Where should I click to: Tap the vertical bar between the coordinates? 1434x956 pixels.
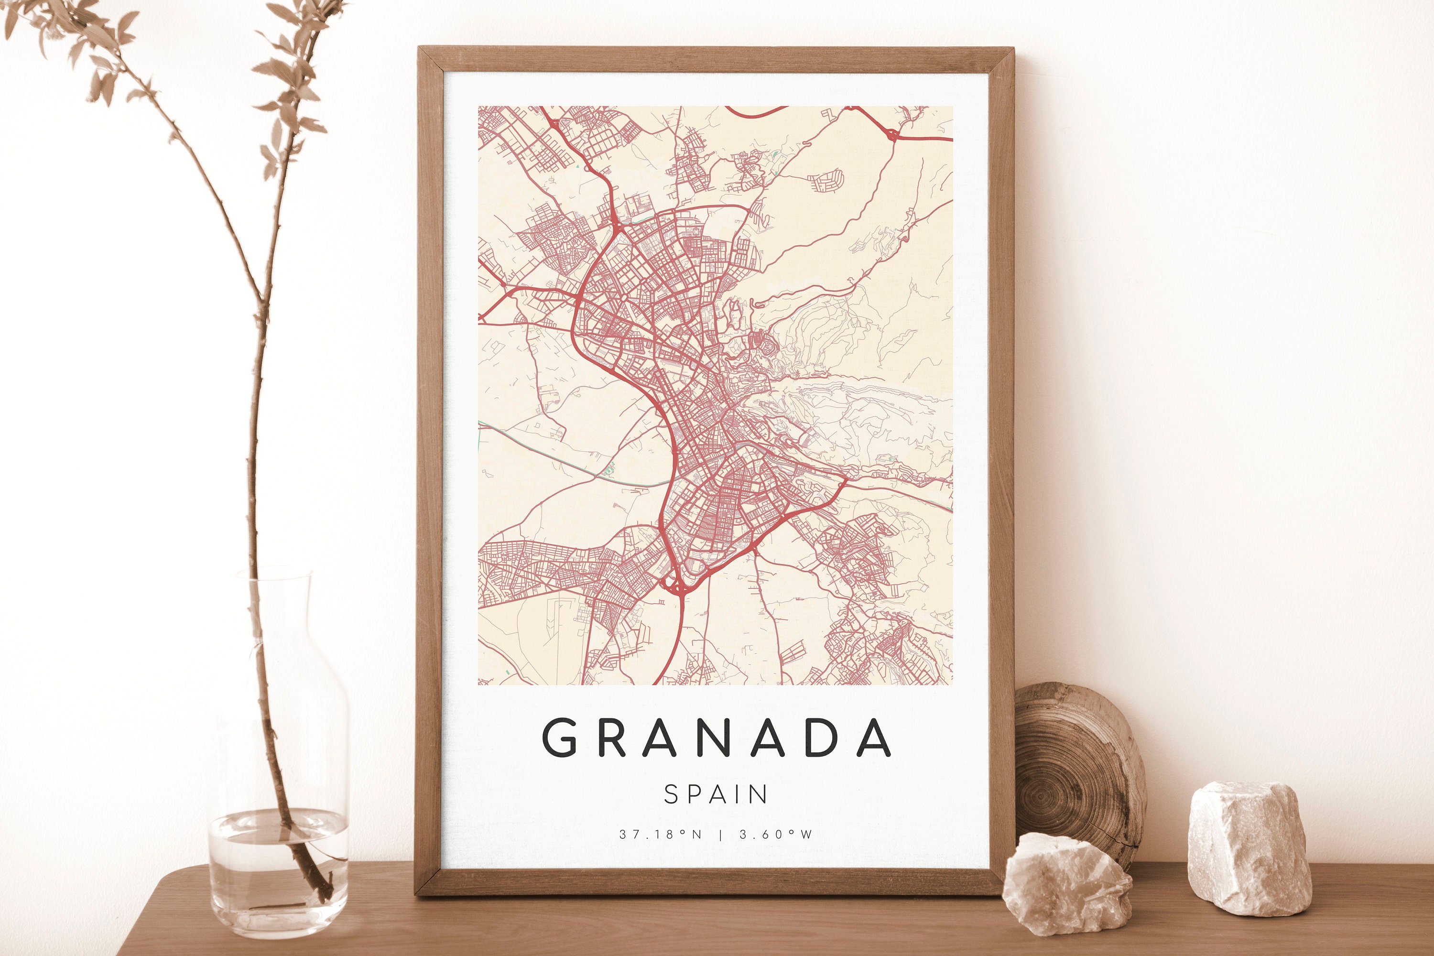tap(721, 835)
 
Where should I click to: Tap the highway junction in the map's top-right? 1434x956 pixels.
tap(891, 134)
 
